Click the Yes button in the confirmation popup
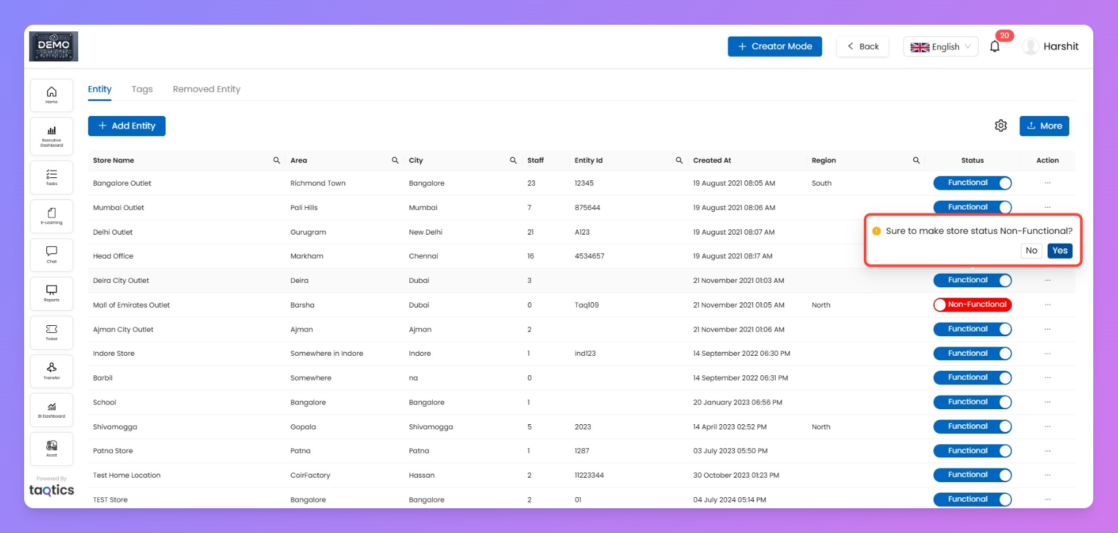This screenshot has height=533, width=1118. (x=1059, y=251)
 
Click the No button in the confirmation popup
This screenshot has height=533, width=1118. (x=1031, y=251)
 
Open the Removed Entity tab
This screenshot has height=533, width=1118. (x=206, y=89)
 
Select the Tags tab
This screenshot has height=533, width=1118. (x=142, y=89)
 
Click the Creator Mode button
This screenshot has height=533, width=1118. (x=774, y=46)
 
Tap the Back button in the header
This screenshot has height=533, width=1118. (x=862, y=46)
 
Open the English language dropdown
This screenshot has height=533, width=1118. (x=940, y=47)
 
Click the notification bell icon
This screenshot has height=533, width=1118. (x=994, y=46)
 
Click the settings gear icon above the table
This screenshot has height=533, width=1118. (x=1001, y=126)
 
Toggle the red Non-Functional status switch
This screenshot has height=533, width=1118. (x=972, y=305)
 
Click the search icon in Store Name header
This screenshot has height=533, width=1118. (x=276, y=160)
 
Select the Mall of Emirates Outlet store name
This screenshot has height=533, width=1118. (x=131, y=305)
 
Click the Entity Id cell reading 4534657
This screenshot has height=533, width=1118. (x=589, y=256)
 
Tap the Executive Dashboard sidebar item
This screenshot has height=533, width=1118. (x=51, y=136)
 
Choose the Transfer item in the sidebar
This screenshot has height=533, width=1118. (x=51, y=371)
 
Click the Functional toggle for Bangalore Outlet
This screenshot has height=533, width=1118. (x=972, y=183)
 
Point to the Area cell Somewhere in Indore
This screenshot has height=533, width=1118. (x=327, y=354)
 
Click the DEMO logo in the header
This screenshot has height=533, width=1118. (x=53, y=46)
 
